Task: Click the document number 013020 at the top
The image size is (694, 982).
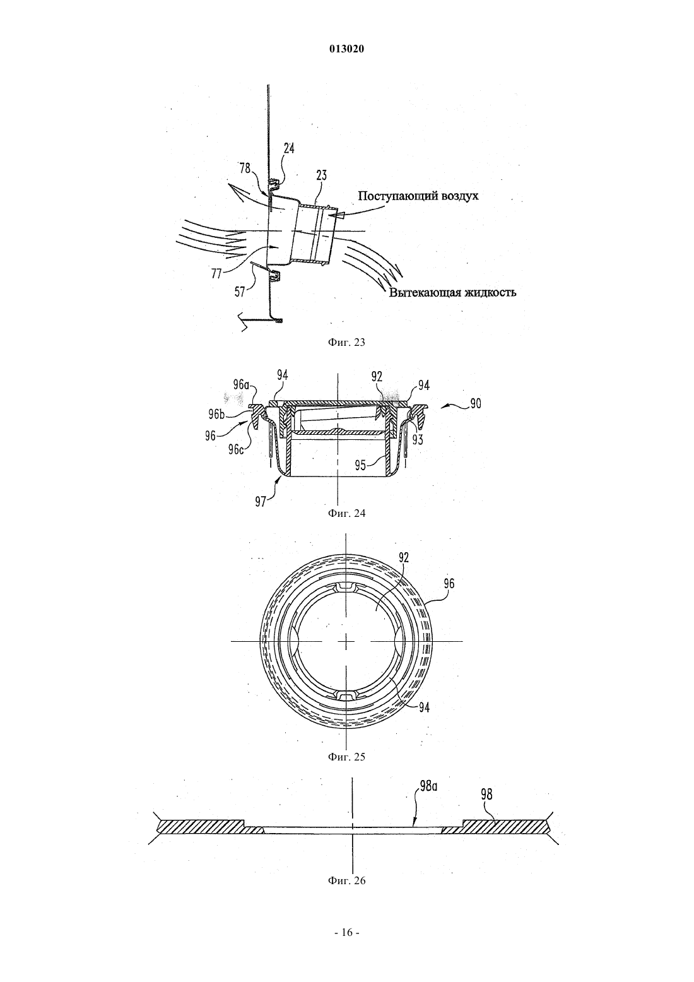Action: tap(346, 49)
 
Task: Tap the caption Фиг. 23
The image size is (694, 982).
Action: tap(346, 343)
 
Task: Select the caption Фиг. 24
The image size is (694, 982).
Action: tap(346, 513)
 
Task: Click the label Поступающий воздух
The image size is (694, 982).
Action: tap(418, 196)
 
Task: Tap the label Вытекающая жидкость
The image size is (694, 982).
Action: tap(452, 292)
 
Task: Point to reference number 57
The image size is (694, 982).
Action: tap(240, 292)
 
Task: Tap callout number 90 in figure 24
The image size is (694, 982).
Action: tap(474, 403)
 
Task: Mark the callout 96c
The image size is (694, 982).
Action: tap(235, 449)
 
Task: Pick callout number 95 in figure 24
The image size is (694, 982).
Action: tap(361, 464)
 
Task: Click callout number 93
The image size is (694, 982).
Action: tap(417, 440)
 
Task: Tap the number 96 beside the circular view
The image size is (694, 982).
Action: tap(449, 584)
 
